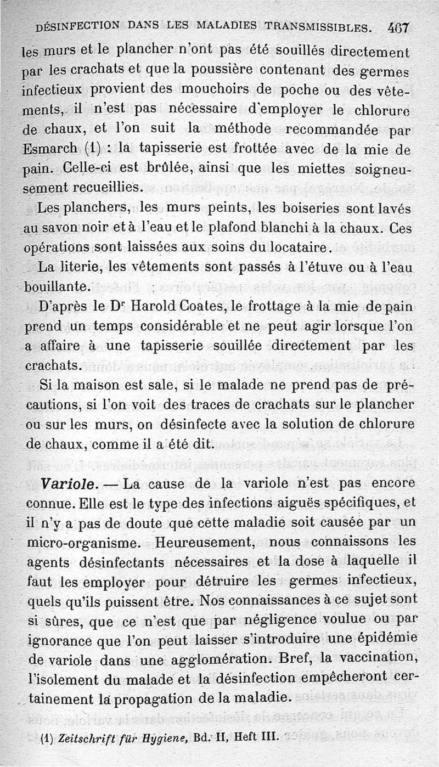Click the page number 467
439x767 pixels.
pos(398,27)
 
